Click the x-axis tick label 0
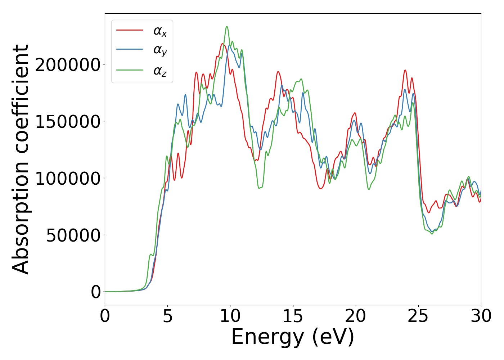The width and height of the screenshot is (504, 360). coord(105,316)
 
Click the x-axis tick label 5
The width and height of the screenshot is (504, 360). coord(167,316)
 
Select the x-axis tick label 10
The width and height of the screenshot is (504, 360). coord(230,316)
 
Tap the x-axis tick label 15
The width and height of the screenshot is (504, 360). coord(293,316)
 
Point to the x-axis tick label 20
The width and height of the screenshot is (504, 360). coord(355,316)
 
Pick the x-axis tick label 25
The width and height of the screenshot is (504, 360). coord(418,316)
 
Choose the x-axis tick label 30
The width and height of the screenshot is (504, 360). coord(481,316)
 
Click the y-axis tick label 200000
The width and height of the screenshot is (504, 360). coord(68,65)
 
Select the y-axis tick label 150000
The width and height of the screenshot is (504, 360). coord(68,122)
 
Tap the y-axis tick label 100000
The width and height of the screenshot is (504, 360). coord(68,179)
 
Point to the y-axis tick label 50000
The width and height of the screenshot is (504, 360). coord(73,235)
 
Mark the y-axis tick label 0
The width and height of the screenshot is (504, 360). coord(96,292)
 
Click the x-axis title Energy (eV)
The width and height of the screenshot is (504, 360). coord(293,337)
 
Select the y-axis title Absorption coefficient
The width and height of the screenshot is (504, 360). coord(21,159)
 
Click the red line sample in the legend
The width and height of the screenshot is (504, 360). coord(130,30)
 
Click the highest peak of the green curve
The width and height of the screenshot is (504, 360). coord(227,26)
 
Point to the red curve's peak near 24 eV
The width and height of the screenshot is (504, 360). coord(405,70)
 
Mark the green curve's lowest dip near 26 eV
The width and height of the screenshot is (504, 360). coord(432,234)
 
